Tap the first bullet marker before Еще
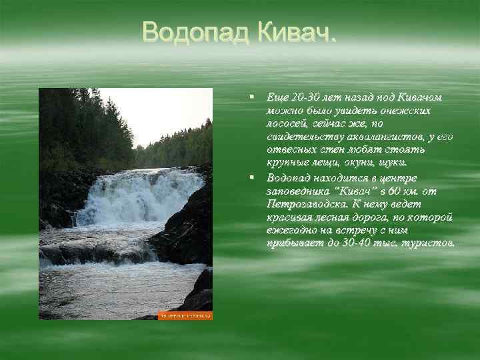point(252,97)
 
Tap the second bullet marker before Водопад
point(252,178)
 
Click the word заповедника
point(299,191)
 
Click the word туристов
point(429,243)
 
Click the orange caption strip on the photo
point(185,315)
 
